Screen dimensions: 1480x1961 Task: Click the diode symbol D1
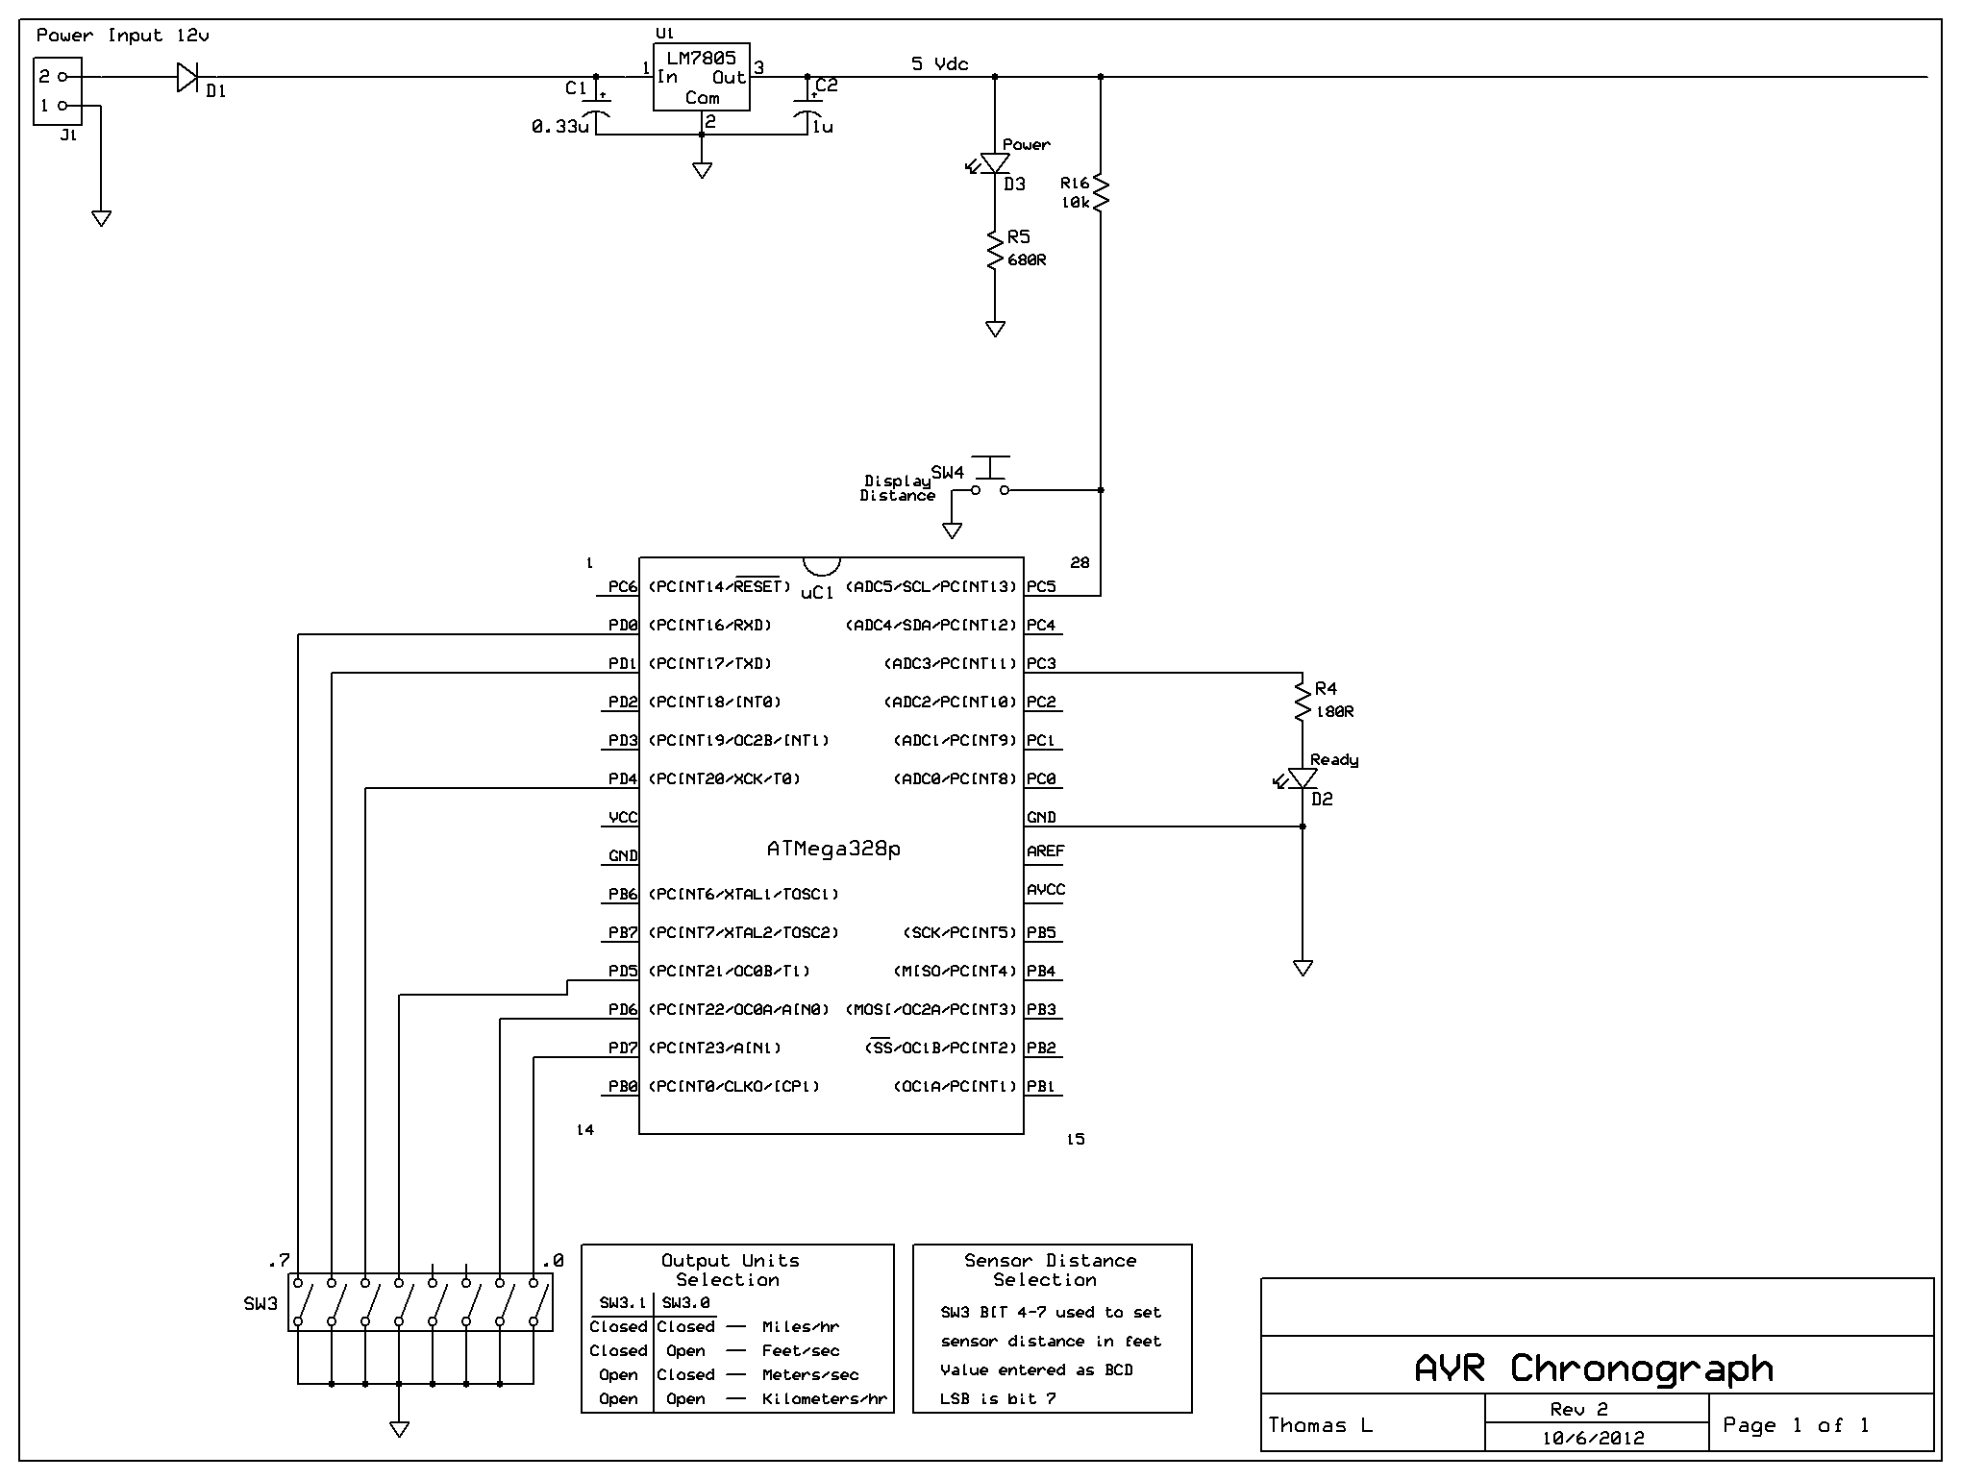[x=187, y=77]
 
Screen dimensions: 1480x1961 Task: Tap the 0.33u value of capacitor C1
[x=559, y=126]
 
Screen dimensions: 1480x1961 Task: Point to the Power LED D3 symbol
[x=995, y=164]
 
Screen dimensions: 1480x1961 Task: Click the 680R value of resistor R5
[x=1027, y=260]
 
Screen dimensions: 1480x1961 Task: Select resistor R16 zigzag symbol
[x=1101, y=191]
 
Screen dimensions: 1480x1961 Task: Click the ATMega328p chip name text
[x=833, y=849]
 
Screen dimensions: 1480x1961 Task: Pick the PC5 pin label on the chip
[x=1041, y=586]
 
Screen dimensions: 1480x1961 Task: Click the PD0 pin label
[x=623, y=625]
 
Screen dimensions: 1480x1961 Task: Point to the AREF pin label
[x=1046, y=851]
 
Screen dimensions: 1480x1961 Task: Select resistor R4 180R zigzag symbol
[x=1303, y=702]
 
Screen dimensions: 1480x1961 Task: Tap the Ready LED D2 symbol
[x=1303, y=778]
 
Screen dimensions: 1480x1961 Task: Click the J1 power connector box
[x=58, y=91]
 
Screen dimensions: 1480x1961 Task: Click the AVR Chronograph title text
[x=1594, y=1368]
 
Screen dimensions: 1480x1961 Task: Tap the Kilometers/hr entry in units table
[x=824, y=1399]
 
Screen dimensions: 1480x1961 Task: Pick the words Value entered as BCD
[x=1036, y=1370]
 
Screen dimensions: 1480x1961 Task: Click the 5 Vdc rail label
[x=939, y=64]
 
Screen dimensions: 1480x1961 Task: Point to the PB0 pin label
[x=623, y=1086]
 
